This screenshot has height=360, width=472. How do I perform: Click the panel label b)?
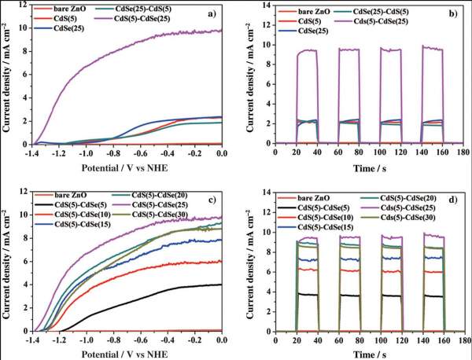click(452, 13)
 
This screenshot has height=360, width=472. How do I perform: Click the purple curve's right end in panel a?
click(222, 30)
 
